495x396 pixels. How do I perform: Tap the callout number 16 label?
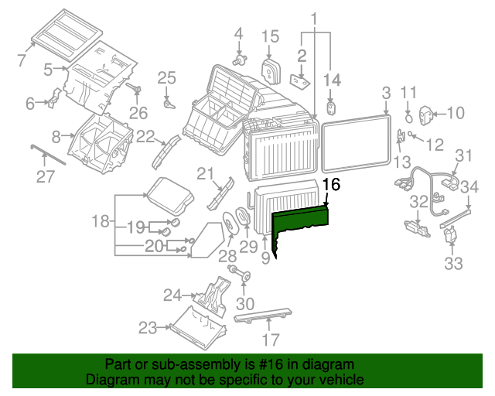[x=331, y=185]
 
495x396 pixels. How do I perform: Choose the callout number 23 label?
[x=148, y=328]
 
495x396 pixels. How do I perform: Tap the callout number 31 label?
[x=463, y=155]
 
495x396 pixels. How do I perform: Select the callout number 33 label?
[x=453, y=263]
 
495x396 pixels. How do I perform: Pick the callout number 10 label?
[x=455, y=113]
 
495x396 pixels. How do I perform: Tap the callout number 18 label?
[x=101, y=222]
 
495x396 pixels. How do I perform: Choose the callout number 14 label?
[x=332, y=79]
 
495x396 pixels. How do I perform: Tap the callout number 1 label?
[x=314, y=17]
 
